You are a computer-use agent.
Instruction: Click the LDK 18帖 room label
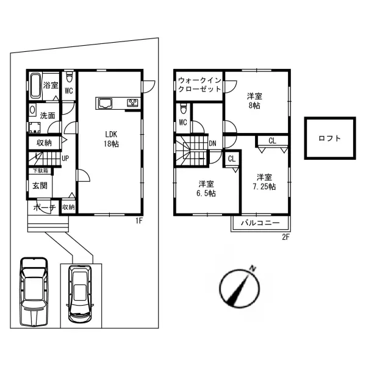[x=112, y=139]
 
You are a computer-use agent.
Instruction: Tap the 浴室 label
[x=51, y=85]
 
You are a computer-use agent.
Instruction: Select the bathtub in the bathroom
[x=36, y=86]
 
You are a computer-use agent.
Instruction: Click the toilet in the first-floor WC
[x=70, y=77]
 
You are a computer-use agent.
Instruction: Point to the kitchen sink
[x=105, y=104]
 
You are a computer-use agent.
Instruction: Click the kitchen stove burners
[x=132, y=102]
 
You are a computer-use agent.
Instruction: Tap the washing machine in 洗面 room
[x=35, y=127]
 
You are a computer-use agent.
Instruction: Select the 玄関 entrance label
[x=40, y=186]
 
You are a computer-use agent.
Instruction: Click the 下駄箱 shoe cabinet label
[x=40, y=171]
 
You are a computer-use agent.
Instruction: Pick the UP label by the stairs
[x=65, y=159]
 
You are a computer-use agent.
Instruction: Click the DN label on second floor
[x=212, y=143]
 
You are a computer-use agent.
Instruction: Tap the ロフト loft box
[x=330, y=138]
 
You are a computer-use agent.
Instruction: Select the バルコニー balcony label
[x=260, y=223]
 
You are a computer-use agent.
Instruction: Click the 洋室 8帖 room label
[x=254, y=101]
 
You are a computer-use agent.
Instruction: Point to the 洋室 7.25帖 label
[x=264, y=182]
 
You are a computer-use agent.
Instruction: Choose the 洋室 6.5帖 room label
[x=206, y=188]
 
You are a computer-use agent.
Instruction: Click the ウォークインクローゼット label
[x=199, y=85]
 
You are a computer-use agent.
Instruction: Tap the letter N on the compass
[x=253, y=268]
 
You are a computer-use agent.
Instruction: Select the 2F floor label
[x=285, y=237]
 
